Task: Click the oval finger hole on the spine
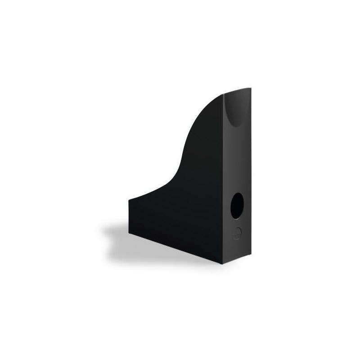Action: tap(236, 208)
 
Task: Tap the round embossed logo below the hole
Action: tap(238, 233)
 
